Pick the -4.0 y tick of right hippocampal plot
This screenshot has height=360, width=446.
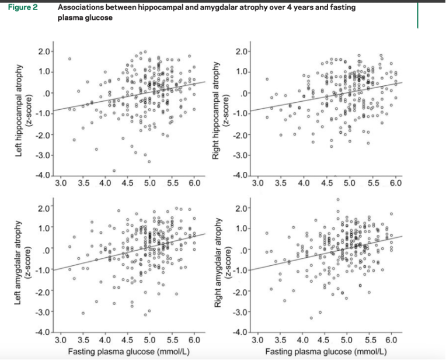241,176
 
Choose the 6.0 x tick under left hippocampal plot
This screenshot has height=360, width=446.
194,184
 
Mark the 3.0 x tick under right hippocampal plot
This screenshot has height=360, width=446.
258,184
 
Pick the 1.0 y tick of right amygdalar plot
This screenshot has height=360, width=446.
241,229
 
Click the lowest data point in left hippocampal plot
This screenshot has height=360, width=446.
114,171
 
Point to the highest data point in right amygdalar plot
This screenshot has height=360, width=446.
338,200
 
